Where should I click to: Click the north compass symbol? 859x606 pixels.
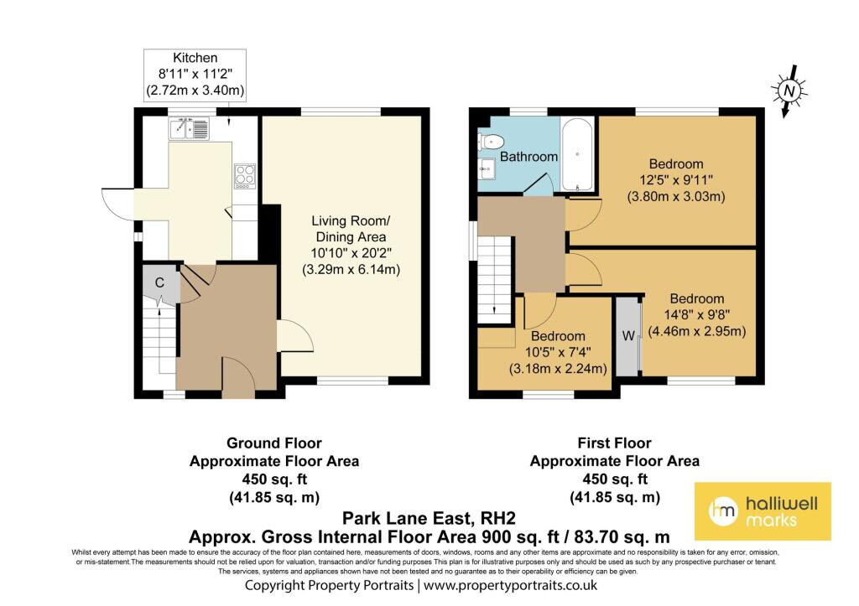click(789, 91)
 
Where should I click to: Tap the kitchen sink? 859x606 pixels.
click(189, 128)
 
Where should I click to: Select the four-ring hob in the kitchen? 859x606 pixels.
click(245, 176)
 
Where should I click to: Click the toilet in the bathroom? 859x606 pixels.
click(489, 142)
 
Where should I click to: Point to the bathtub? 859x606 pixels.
click(577, 154)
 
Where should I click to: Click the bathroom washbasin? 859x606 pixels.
click(487, 169)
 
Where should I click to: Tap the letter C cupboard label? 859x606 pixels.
click(159, 282)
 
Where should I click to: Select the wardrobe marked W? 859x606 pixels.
click(628, 335)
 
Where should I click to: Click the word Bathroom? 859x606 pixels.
click(528, 157)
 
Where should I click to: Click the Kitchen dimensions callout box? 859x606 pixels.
click(195, 75)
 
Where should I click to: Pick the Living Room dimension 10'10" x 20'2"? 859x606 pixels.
click(351, 253)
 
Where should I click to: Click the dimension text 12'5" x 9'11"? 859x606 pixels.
click(676, 179)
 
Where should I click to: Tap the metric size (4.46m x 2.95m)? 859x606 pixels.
click(697, 330)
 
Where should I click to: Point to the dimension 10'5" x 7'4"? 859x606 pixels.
click(558, 352)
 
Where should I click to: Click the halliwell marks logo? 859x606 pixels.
click(763, 511)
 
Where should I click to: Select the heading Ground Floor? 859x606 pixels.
click(274, 443)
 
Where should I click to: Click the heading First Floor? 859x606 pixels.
click(615, 443)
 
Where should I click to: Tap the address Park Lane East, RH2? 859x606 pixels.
click(429, 518)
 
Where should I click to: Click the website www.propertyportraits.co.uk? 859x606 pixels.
click(510, 585)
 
